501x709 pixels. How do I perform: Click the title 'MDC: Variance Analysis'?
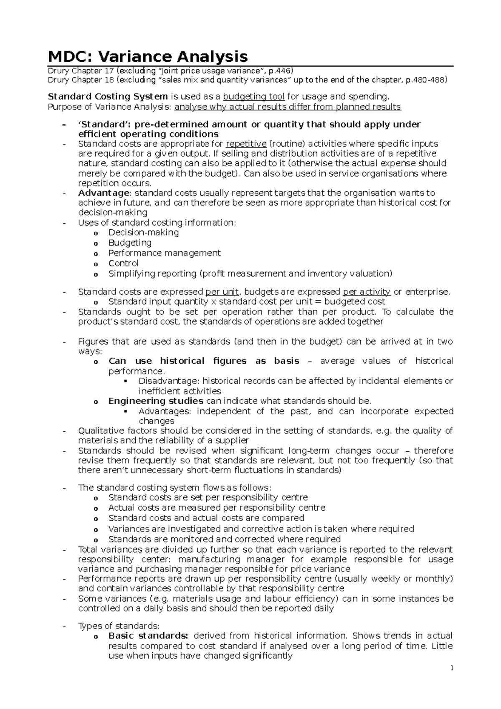coord(148,56)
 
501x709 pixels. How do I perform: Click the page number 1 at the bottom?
coord(451,668)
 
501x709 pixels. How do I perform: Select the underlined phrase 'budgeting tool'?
coord(254,97)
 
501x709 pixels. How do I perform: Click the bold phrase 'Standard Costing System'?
coord(108,97)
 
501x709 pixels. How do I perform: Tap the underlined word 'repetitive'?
coord(246,144)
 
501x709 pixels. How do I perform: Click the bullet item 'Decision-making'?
coord(143,233)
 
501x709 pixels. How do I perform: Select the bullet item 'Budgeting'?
coord(130,243)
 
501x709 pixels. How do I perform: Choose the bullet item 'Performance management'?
coord(164,253)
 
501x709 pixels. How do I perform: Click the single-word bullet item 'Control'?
coord(123,263)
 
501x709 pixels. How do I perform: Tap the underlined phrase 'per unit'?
coord(222,291)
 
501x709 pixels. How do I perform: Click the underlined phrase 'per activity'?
coord(367,291)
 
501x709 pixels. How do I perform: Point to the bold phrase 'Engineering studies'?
coord(156,401)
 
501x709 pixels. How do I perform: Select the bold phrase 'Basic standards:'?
coord(148,636)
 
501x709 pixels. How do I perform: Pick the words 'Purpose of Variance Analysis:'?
coord(110,107)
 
